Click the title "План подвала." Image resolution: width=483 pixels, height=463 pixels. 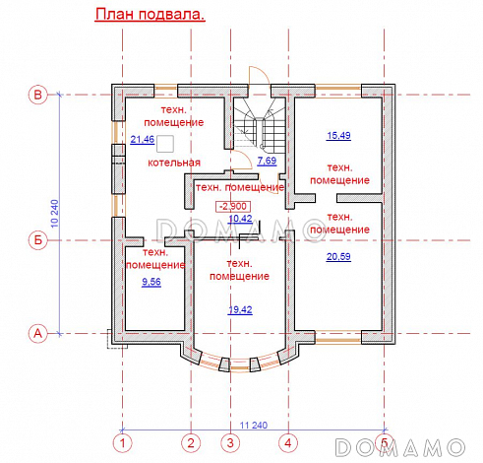(x=149, y=16)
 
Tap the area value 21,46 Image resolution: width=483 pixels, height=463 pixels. (x=143, y=140)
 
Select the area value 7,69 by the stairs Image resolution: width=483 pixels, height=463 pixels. (x=266, y=159)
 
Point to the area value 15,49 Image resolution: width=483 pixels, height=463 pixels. (x=339, y=134)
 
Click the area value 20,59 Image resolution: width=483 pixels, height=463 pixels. (x=338, y=256)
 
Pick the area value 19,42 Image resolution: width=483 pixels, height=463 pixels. (x=241, y=308)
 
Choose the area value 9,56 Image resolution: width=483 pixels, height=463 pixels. (x=152, y=282)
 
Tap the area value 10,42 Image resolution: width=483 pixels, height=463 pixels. (x=240, y=219)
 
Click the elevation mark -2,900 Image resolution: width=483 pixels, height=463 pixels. (x=233, y=205)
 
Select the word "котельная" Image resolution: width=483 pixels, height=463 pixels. (x=175, y=162)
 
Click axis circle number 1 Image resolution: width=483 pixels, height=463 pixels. (x=123, y=442)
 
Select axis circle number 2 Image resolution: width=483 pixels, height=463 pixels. (x=192, y=442)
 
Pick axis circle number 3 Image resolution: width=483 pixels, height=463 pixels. (x=230, y=442)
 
